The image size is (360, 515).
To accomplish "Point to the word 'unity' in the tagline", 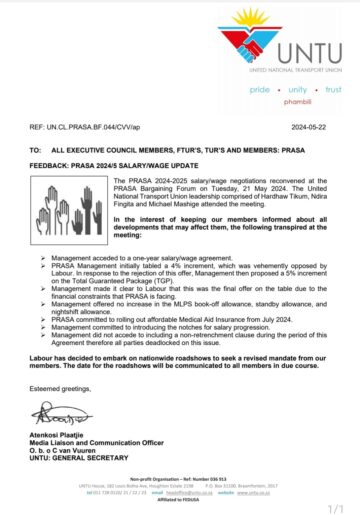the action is click(x=291, y=89).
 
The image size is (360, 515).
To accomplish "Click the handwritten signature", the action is click(x=60, y=410).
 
